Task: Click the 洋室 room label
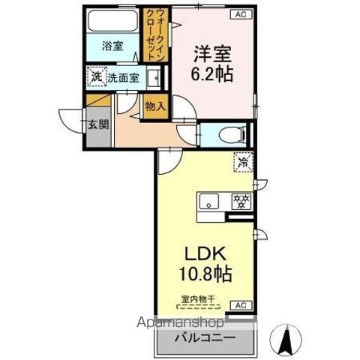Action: [211, 55]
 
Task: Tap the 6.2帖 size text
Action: [212, 75]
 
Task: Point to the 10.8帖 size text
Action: [202, 273]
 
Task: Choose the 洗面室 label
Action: [122, 76]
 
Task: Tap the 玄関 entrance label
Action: [98, 124]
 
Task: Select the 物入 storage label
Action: [154, 107]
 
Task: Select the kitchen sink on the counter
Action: [209, 201]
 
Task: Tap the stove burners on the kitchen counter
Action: [241, 200]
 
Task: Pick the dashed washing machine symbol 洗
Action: [95, 76]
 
